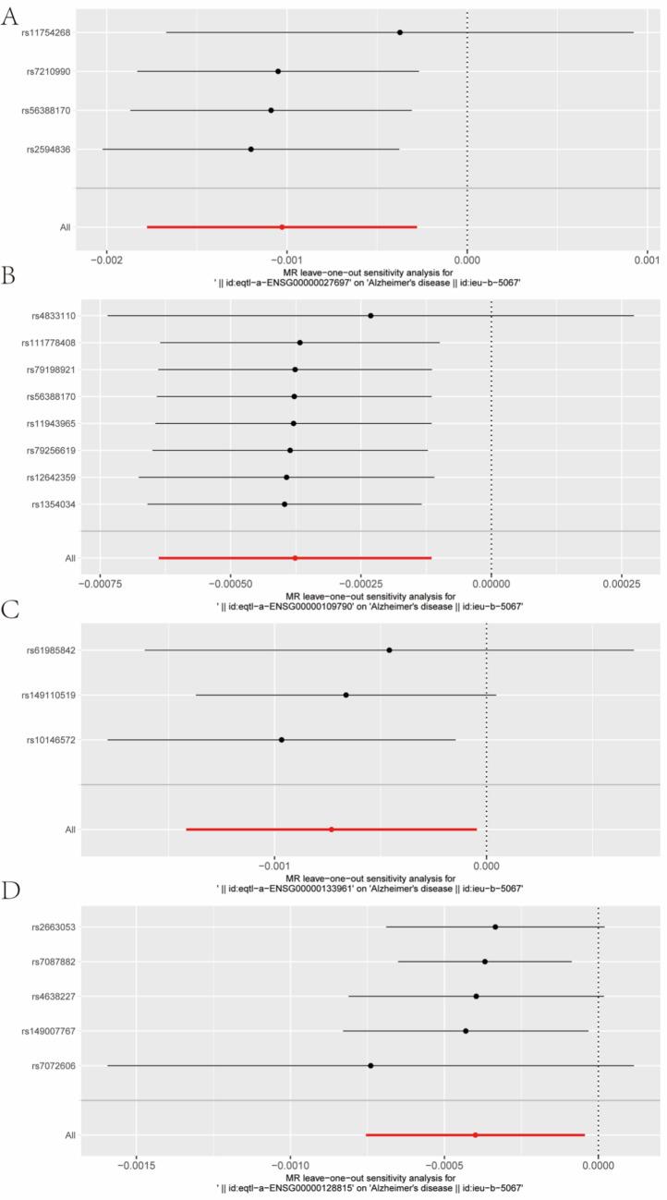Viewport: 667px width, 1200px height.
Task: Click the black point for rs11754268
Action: pos(400,32)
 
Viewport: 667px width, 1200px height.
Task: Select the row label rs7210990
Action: pos(52,71)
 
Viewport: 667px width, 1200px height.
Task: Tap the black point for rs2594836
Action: pos(250,149)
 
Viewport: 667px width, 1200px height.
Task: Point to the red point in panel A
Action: pos(282,226)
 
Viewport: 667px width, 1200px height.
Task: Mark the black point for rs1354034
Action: pos(285,504)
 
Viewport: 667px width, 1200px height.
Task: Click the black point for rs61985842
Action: pos(389,650)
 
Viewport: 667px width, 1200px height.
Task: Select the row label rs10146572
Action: pos(50,740)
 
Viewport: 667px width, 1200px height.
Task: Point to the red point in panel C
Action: pos(332,830)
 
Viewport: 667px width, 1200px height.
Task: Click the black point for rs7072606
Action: pos(370,1065)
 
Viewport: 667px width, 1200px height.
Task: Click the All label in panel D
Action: pos(68,1135)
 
